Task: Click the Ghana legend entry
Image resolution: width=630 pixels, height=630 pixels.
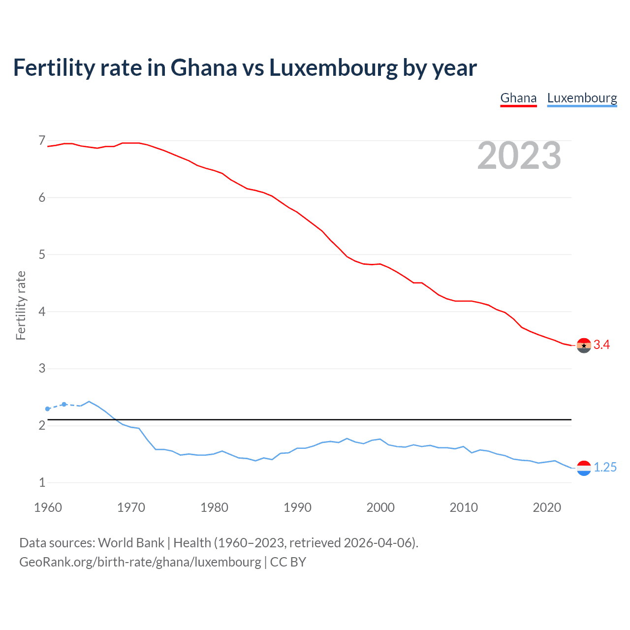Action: tap(518, 98)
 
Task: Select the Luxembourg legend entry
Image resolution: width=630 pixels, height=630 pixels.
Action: tap(582, 98)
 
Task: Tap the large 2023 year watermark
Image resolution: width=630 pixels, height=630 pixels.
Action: tap(519, 156)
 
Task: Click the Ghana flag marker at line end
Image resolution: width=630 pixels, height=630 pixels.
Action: tap(584, 346)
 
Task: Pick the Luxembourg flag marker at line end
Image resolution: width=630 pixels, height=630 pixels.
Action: tap(584, 468)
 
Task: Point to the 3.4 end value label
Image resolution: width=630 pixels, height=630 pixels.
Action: tap(601, 345)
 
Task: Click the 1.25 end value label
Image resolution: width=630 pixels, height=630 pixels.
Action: tap(605, 468)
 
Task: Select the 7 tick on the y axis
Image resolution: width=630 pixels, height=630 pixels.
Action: tap(42, 141)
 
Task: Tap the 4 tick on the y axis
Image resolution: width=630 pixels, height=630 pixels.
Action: tap(42, 312)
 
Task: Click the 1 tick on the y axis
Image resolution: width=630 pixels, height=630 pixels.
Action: tap(42, 482)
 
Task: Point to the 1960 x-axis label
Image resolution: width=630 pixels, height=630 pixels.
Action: tap(48, 507)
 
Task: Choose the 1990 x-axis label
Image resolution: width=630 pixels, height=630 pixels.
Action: tap(297, 507)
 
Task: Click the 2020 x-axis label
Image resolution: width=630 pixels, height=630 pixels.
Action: tap(547, 507)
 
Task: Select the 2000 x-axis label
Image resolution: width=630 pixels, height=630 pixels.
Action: tap(380, 507)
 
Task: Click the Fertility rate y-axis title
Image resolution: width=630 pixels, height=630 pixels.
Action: tap(21, 305)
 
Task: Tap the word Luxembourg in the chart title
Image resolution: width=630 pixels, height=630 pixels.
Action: tap(333, 68)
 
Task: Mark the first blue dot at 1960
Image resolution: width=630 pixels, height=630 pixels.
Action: tap(48, 409)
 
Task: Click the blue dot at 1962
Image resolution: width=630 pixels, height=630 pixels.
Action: tap(64, 404)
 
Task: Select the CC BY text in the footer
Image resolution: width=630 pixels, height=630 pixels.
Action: tap(288, 562)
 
